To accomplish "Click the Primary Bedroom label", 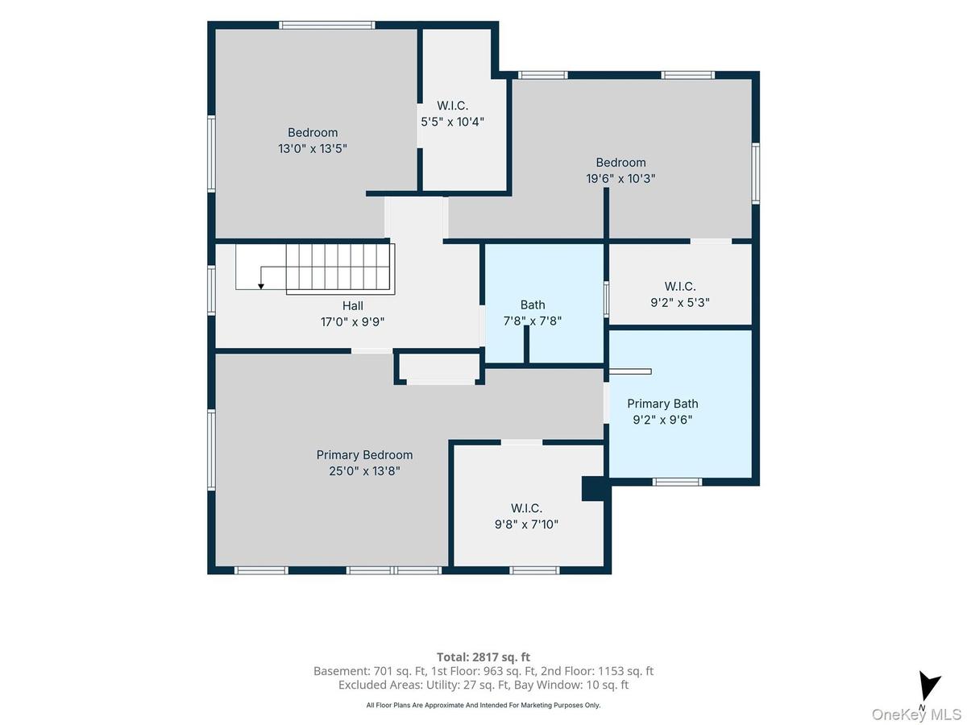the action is click(364, 454).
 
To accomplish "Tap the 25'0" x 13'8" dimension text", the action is click(364, 471).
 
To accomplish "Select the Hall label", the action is click(352, 305).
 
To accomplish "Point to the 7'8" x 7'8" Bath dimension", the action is click(532, 321).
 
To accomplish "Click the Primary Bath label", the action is click(662, 404).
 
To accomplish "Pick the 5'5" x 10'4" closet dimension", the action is click(452, 122).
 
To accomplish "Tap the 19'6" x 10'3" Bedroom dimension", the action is click(620, 179).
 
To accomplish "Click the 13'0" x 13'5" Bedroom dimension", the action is click(313, 149).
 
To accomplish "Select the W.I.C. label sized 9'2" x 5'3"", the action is click(680, 287).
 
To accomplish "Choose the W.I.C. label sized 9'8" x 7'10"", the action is click(526, 508).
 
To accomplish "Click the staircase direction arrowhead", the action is click(261, 287).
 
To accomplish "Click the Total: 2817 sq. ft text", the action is click(483, 657).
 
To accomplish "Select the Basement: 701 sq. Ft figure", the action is click(370, 671).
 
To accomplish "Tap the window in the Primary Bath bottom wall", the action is click(677, 482).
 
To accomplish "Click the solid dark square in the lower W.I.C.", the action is click(595, 489).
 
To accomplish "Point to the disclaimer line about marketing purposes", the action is click(483, 705).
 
